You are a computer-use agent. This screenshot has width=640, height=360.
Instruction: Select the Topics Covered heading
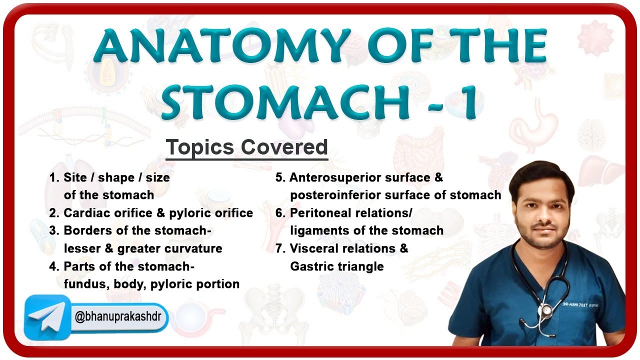[246, 147]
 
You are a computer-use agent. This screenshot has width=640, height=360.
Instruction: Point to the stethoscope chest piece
[546, 309]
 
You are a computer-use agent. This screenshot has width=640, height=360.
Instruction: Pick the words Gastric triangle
[336, 266]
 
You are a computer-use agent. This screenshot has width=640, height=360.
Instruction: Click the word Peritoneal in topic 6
[321, 213]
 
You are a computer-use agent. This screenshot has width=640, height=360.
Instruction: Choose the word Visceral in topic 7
[314, 248]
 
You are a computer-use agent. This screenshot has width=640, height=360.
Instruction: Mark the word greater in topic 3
[138, 248]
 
